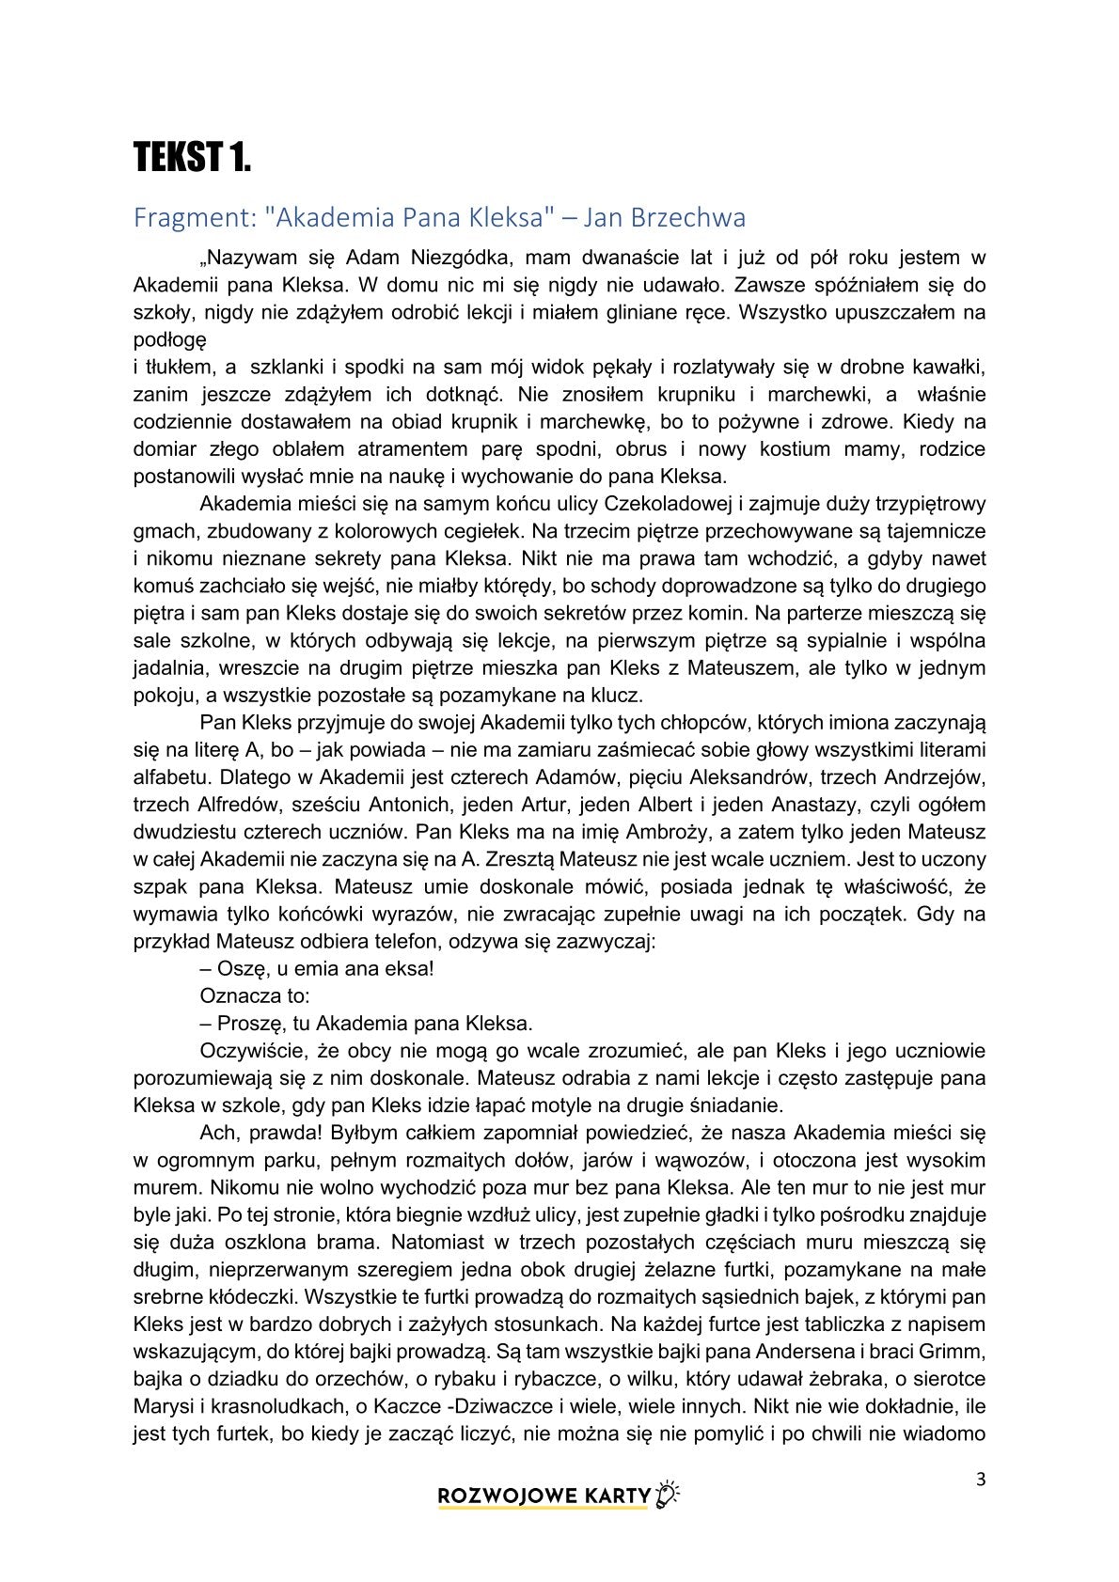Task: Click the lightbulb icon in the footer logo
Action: pos(669,1495)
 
